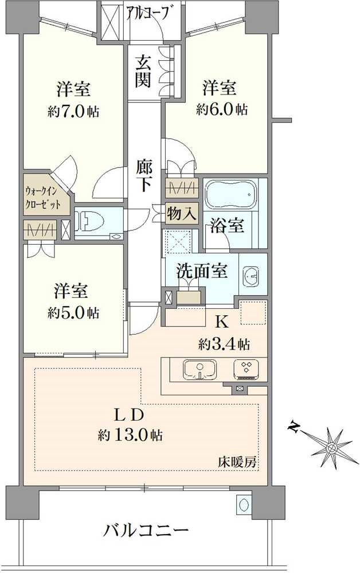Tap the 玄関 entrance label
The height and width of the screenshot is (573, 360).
[x=143, y=71]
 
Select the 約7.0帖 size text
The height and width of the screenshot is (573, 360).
[x=73, y=111]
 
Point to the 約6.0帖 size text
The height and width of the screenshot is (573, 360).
[x=221, y=109]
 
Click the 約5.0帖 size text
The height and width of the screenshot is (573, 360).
[x=73, y=313]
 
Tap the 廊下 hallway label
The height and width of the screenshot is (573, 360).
[x=144, y=176]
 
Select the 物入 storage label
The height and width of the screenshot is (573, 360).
[x=182, y=214]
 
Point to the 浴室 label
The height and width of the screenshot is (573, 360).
[x=228, y=226]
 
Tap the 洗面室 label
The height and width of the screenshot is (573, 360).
[x=202, y=271]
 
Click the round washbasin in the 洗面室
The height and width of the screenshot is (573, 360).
[x=250, y=278]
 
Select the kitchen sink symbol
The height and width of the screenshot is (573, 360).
[x=199, y=370]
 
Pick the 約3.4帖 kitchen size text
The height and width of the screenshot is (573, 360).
[x=224, y=344]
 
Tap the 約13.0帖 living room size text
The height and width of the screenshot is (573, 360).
[x=130, y=435]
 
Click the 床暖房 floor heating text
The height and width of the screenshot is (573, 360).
[x=236, y=461]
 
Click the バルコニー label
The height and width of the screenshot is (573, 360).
[x=146, y=531]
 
